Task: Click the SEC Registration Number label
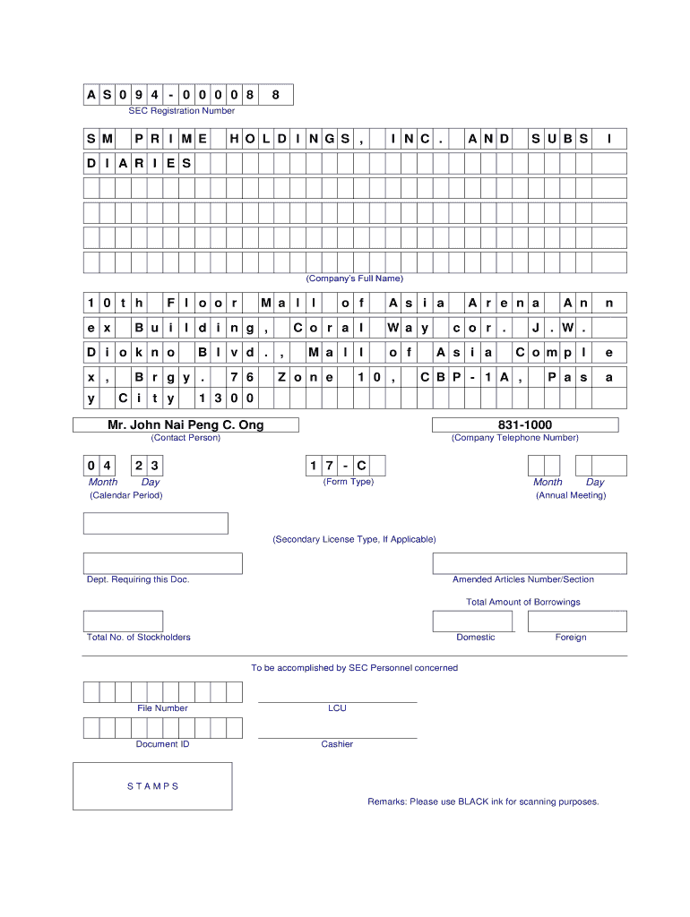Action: coord(181,111)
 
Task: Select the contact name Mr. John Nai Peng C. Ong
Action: coord(185,424)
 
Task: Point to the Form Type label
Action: coord(348,482)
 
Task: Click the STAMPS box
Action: coord(152,786)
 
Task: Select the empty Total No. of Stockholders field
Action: coord(123,621)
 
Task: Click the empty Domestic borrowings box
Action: coord(473,621)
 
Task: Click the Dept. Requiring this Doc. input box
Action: coord(163,563)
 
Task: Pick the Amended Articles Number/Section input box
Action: coord(529,563)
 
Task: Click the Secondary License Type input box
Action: coord(156,523)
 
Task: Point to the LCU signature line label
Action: coord(337,708)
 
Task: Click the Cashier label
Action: coord(337,744)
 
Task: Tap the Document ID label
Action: coord(162,744)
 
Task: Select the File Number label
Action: coord(162,708)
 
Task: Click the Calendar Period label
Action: coord(125,495)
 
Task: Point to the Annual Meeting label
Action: coord(571,495)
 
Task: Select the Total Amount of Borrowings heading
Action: coord(522,602)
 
